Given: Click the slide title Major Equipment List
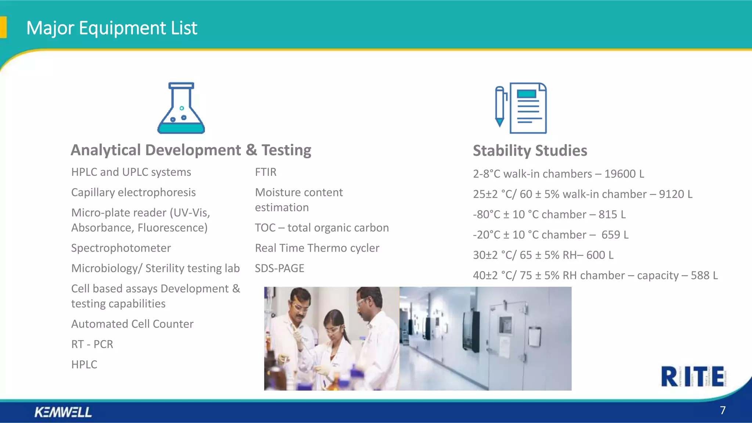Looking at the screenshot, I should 112,28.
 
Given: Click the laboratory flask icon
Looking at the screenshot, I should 181,108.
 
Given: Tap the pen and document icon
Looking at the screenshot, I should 521,108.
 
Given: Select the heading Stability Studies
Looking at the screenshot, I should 530,151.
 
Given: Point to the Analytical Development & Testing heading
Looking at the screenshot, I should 191,150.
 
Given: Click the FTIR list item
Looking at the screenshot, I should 265,172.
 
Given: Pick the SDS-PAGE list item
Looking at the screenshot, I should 279,268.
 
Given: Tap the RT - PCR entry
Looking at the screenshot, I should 92,344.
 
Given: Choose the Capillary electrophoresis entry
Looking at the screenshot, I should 133,192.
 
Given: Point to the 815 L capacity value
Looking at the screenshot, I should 612,214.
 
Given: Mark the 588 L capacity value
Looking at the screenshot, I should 704,275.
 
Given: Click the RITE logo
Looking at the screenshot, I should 693,376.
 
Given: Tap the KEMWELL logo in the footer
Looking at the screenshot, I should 63,412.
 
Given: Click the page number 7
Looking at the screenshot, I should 723,410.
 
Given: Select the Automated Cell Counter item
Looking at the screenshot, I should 132,324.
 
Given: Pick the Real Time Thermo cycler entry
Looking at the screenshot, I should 317,248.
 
